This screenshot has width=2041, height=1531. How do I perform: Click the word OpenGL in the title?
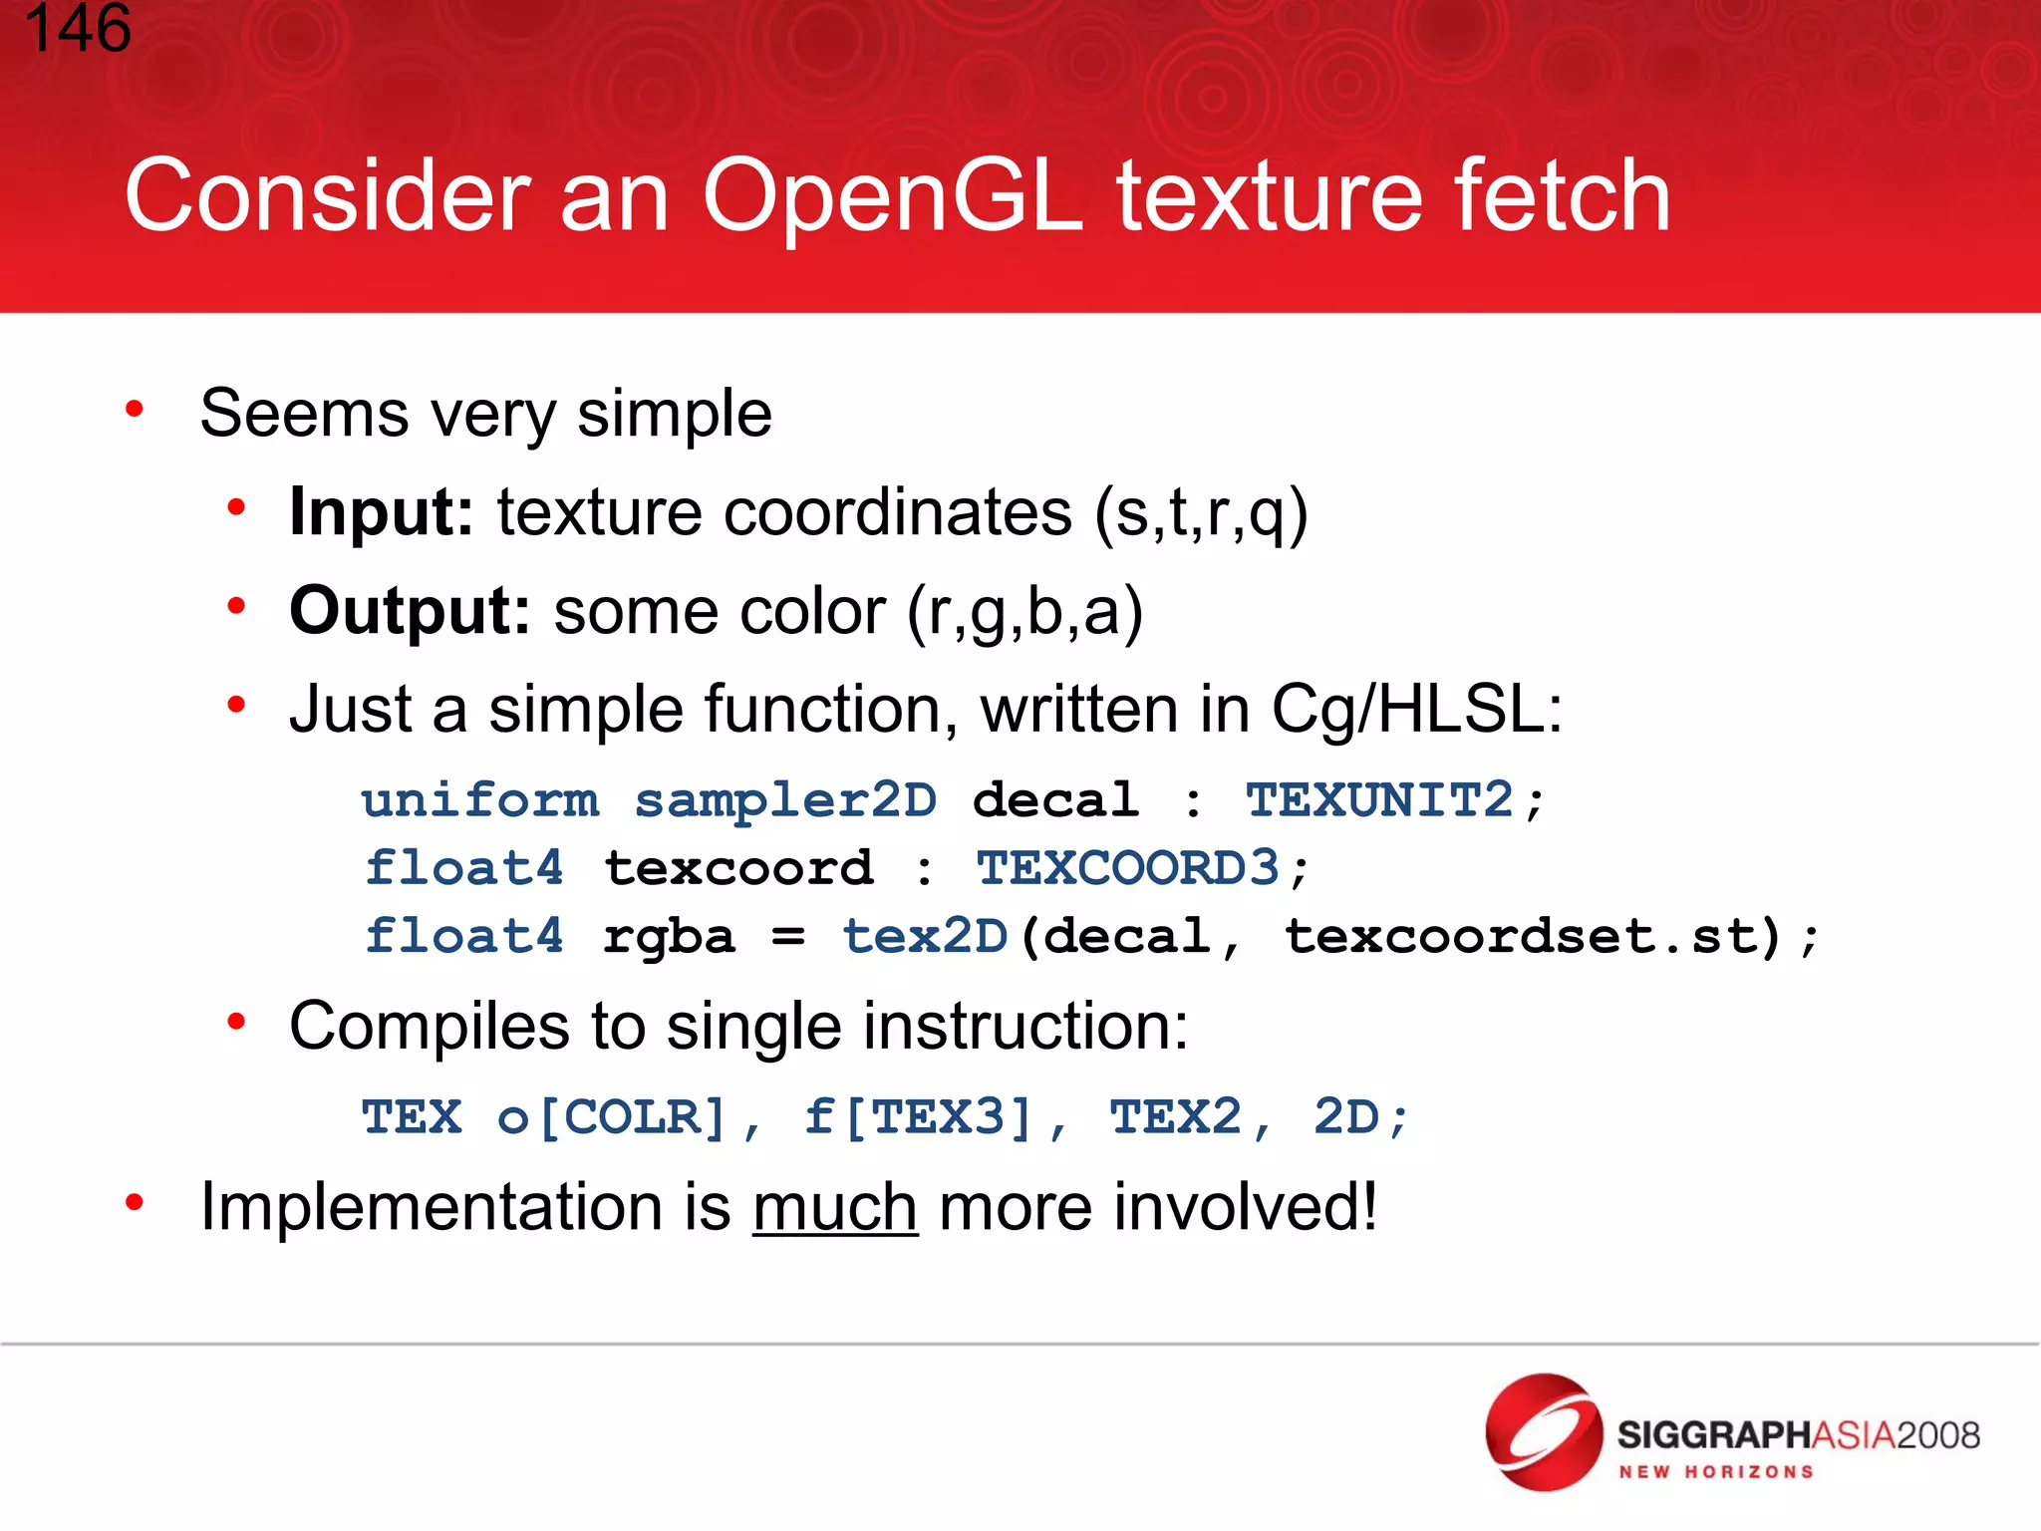click(893, 196)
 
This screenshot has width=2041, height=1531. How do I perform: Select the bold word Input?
click(381, 512)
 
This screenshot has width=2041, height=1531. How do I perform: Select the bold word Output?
click(409, 610)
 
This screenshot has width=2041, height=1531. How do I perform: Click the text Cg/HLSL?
click(1417, 710)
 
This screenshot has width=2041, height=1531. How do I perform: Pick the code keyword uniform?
click(480, 799)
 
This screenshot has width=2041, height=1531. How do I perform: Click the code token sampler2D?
click(785, 799)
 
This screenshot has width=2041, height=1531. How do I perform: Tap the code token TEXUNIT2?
click(1379, 799)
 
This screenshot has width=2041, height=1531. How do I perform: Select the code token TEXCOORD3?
click(1127, 867)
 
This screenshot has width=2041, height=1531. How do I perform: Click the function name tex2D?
click(925, 936)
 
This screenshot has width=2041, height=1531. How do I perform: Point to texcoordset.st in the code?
click(1519, 936)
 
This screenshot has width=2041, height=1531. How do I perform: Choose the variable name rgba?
click(669, 936)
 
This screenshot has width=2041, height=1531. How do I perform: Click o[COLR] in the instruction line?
click(613, 1116)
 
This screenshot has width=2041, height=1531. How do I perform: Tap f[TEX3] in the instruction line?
click(918, 1116)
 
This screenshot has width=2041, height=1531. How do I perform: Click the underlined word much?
click(835, 1207)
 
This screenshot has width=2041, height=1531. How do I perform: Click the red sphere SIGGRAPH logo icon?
click(1544, 1432)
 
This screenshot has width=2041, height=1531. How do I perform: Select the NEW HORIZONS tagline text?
click(1715, 1472)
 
